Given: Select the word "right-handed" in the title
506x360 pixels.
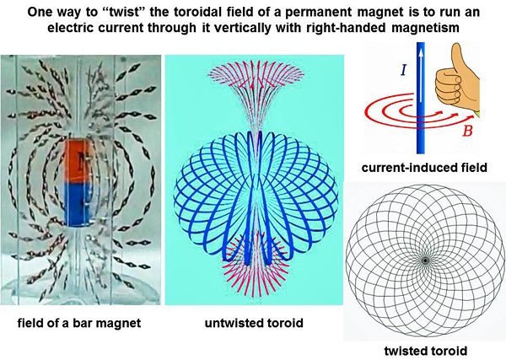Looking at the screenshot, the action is click(x=352, y=28).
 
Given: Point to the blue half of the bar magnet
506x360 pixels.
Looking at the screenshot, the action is click(x=78, y=204).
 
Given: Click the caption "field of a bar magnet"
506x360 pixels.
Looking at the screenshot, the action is click(x=79, y=323).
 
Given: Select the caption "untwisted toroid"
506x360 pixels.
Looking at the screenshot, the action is click(x=255, y=323).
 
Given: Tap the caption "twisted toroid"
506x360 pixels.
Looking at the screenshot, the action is click(x=425, y=351).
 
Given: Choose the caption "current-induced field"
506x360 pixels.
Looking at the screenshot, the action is click(x=424, y=168).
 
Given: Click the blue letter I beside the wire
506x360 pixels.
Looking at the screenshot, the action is click(x=403, y=70).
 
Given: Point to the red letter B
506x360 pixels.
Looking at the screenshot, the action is click(x=467, y=131).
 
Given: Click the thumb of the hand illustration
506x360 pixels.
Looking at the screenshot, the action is click(x=456, y=57).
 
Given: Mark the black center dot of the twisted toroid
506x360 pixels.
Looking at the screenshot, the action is click(x=425, y=261).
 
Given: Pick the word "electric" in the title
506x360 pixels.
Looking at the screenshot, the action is click(x=70, y=28).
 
